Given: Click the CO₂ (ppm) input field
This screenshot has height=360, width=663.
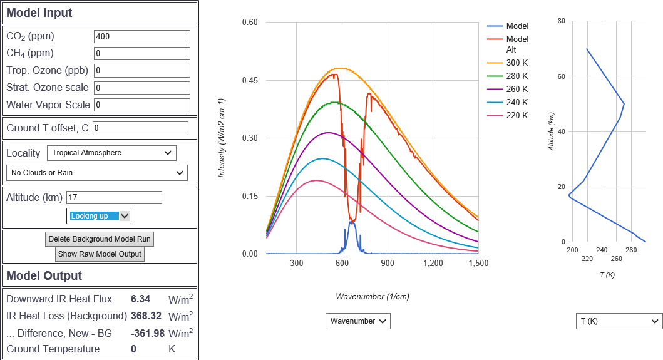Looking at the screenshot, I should click(141, 36).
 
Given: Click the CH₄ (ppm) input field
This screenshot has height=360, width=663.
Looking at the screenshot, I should click(141, 54).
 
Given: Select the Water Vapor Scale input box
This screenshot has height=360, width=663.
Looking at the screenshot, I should click(141, 105).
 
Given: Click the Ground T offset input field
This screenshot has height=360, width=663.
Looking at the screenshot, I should click(140, 128).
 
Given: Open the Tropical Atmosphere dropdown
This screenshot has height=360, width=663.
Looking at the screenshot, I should click(111, 153).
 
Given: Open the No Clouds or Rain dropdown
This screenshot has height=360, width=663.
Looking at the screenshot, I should click(96, 173).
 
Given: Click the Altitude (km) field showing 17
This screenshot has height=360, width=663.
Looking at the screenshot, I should click(114, 198).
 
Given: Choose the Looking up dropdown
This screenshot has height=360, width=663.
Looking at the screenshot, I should click(100, 216).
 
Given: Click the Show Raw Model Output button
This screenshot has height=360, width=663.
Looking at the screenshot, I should click(100, 254).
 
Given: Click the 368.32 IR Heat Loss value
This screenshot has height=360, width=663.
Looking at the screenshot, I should click(146, 316).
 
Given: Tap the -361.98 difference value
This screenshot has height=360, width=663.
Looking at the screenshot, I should click(144, 332).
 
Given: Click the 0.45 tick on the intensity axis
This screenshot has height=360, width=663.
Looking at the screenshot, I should click(250, 80).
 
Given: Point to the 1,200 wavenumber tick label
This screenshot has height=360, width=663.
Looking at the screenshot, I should click(433, 264).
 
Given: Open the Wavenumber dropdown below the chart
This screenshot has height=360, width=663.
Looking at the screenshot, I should click(357, 321).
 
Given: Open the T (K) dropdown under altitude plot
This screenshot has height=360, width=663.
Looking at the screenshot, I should click(619, 321).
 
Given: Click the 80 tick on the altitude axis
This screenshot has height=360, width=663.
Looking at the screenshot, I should click(562, 21).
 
